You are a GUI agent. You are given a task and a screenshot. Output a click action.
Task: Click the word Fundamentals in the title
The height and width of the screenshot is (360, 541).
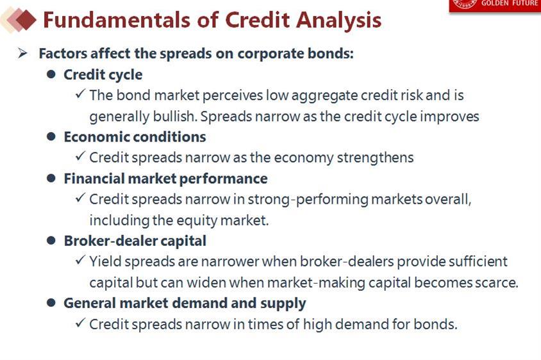[117, 20]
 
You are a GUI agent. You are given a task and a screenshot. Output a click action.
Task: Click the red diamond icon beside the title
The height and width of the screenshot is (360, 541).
[26, 20]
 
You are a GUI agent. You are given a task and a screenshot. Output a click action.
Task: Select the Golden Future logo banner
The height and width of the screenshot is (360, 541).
[495, 6]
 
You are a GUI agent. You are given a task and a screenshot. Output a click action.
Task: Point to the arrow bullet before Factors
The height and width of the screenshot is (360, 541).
[22, 53]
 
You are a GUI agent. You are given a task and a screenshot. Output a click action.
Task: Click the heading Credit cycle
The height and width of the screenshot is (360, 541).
[103, 75]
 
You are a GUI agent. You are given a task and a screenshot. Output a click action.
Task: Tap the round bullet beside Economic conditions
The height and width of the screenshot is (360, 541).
[51, 136]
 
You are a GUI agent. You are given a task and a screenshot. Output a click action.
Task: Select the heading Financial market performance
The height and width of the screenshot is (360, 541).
[165, 179]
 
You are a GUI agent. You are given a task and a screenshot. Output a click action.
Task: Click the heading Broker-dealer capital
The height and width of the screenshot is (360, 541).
[135, 241]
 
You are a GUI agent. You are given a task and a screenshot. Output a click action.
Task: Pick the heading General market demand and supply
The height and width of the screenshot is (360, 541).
[185, 304]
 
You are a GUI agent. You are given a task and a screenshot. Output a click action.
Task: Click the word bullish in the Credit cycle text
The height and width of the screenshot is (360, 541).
[174, 117]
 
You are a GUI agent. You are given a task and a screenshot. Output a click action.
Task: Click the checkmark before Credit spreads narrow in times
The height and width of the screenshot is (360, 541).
[80, 323]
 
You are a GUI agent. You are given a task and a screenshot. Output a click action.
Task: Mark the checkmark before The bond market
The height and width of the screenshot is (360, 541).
[80, 94]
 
